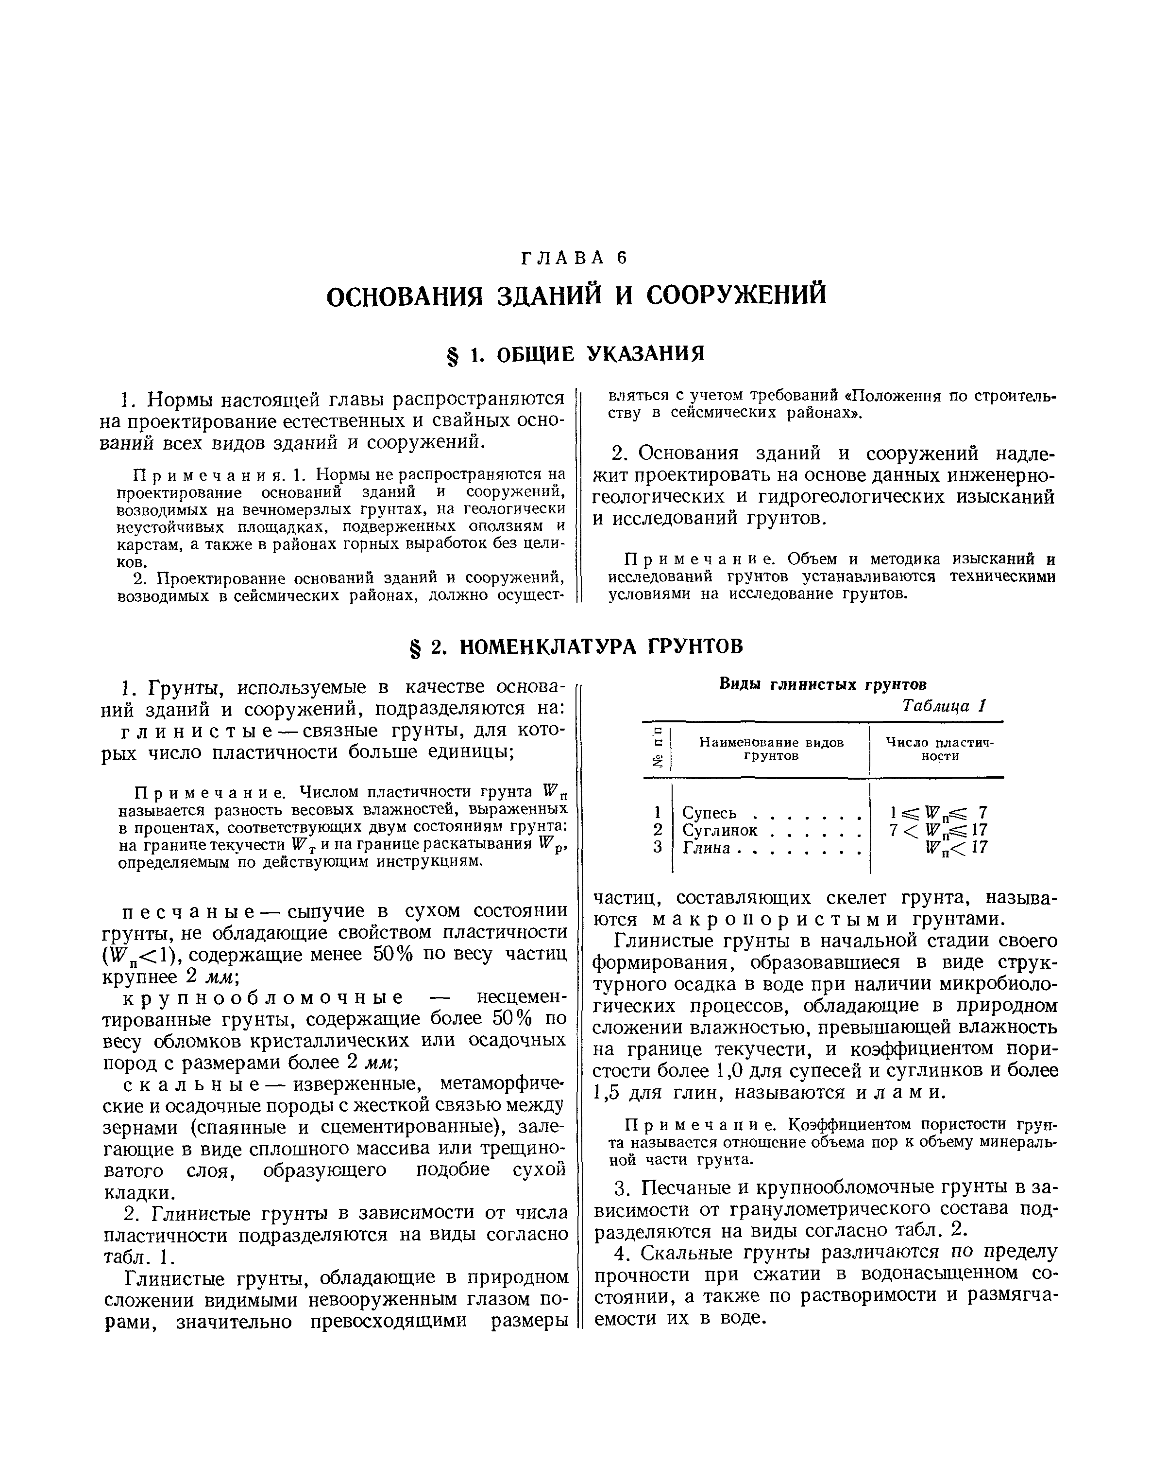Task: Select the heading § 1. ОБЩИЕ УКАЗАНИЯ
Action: (575, 353)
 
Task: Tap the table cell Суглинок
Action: (720, 830)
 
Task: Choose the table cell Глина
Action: (706, 848)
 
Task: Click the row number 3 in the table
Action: (658, 848)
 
